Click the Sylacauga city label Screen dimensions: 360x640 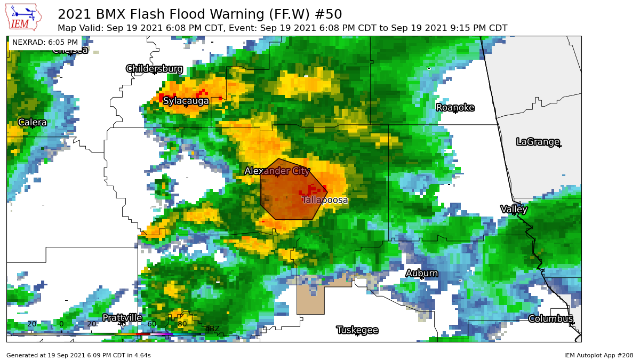pyautogui.click(x=186, y=101)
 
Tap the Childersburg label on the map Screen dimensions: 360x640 pyautogui.click(x=154, y=69)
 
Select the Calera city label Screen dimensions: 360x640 pyautogui.click(x=33, y=123)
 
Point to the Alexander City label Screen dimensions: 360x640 pyautogui.click(x=277, y=171)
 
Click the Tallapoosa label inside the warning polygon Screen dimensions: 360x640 pyautogui.click(x=325, y=200)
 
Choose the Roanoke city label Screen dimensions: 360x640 pyautogui.click(x=455, y=108)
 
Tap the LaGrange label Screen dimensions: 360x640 pyautogui.click(x=538, y=142)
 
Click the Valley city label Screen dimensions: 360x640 pyautogui.click(x=514, y=209)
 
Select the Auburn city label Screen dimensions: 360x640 pyautogui.click(x=422, y=274)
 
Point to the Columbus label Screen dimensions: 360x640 pyautogui.click(x=550, y=319)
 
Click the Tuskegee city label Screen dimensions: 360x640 pyautogui.click(x=357, y=330)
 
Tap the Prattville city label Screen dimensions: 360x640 pyautogui.click(x=122, y=318)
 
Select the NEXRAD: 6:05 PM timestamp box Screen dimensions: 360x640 pyautogui.click(x=45, y=42)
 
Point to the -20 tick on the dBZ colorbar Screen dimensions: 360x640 pyautogui.click(x=31, y=324)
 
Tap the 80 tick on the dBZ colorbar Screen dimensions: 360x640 pyautogui.click(x=182, y=324)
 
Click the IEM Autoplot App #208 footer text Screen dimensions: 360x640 pyautogui.click(x=598, y=355)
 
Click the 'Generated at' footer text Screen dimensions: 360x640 pyautogui.click(x=78, y=355)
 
